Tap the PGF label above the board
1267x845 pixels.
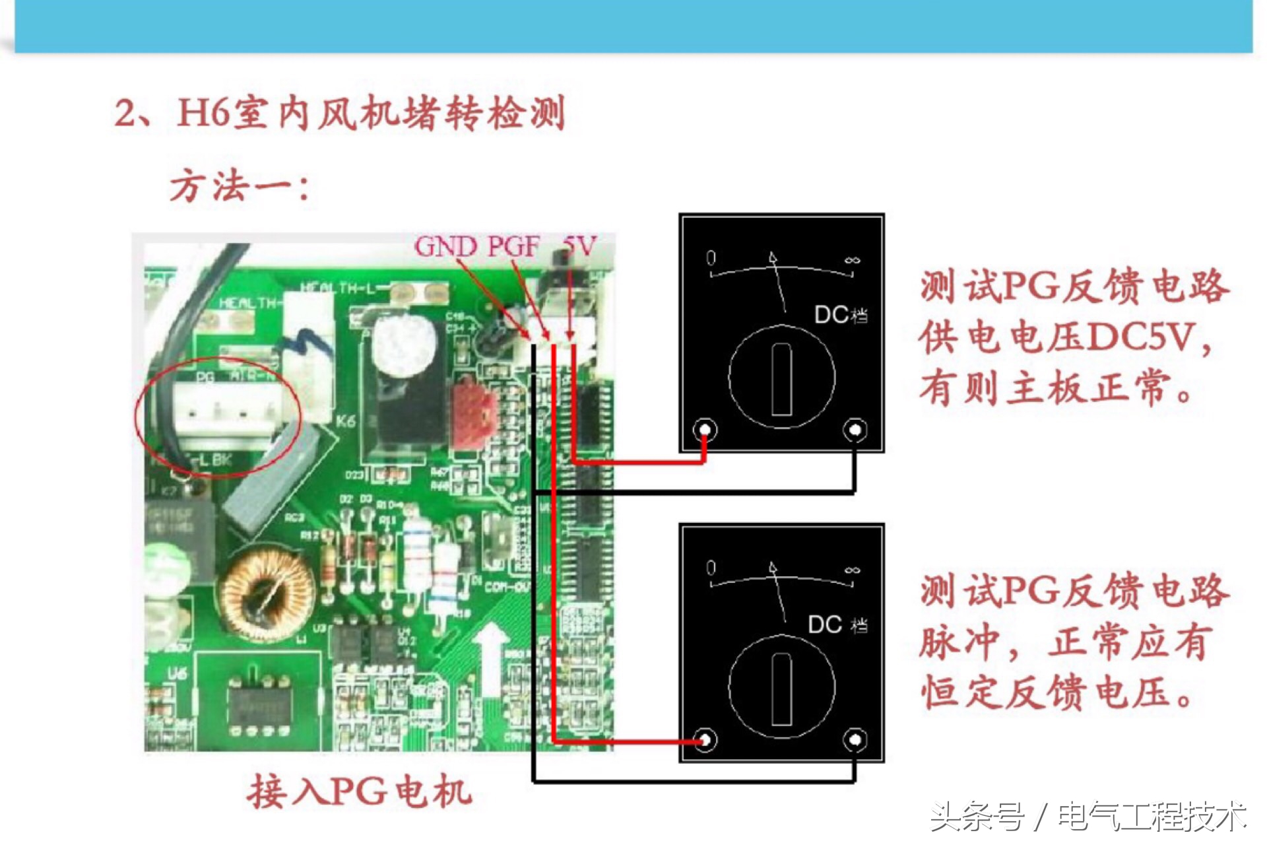click(513, 246)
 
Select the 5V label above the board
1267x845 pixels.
click(579, 246)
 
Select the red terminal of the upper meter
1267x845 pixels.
click(705, 430)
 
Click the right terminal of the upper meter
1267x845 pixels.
click(855, 430)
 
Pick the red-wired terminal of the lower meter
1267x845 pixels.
click(705, 739)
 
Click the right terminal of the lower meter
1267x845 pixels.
click(855, 739)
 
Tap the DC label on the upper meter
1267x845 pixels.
click(831, 315)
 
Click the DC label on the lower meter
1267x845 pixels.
click(825, 625)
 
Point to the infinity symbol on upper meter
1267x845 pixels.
click(852, 260)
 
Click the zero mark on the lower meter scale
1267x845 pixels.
click(711, 567)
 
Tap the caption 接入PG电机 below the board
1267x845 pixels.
click(360, 791)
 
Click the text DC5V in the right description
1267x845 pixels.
click(1141, 337)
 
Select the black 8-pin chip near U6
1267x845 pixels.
click(259, 703)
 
